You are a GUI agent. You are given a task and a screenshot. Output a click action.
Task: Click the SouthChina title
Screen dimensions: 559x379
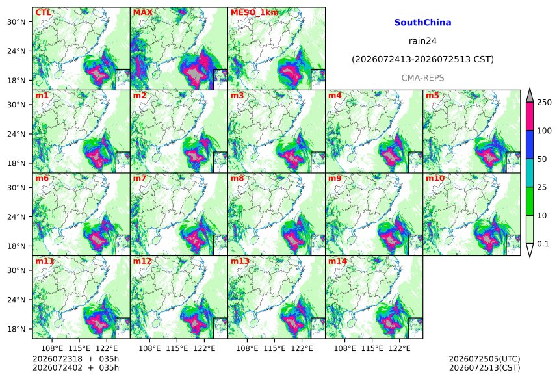coord(422,23)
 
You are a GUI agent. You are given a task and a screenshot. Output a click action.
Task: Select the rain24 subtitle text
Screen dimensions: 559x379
coord(422,41)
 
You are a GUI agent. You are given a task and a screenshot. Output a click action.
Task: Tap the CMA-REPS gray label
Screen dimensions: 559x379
coord(422,78)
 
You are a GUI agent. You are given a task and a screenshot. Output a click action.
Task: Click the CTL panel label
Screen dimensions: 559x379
coord(43,12)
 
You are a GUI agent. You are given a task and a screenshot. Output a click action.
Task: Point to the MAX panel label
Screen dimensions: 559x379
coord(142,12)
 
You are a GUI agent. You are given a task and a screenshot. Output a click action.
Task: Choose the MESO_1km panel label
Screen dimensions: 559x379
coord(255,12)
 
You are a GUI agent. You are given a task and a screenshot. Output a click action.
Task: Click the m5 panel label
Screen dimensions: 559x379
coord(432,96)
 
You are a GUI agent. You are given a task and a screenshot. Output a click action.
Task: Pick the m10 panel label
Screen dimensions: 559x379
coord(435,178)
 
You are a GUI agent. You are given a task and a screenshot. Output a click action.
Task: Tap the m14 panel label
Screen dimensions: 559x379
coord(337,261)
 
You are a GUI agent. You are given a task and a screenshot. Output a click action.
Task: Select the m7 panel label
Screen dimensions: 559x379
coord(139,178)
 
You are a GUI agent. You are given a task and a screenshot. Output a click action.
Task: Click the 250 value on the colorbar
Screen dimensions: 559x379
coord(544,103)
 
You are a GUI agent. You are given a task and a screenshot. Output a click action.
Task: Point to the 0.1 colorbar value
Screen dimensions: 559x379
coord(543,244)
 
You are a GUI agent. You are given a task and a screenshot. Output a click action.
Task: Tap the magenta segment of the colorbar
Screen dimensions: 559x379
coord(530,116)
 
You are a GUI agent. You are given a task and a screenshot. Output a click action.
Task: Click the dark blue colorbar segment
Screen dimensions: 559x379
coord(530,144)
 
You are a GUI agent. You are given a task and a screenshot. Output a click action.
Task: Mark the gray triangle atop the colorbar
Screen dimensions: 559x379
coord(530,96)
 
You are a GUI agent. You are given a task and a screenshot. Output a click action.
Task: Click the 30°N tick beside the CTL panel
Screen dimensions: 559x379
coord(16,22)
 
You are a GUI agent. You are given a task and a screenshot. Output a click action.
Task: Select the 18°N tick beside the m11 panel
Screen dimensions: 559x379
coord(16,329)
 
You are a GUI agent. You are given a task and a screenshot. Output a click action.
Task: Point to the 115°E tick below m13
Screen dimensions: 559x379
coord(275,348)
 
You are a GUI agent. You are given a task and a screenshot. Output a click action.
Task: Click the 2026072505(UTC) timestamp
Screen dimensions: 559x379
coord(484,359)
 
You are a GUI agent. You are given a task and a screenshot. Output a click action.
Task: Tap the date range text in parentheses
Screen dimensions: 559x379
coord(422,59)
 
